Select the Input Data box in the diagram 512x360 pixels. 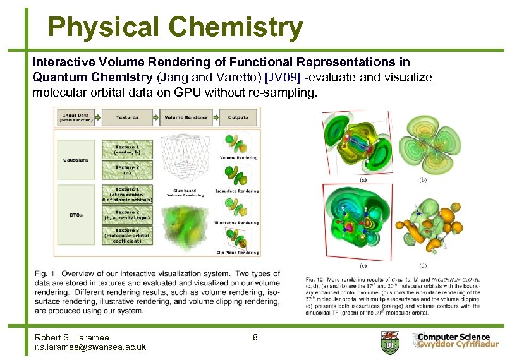click(74, 117)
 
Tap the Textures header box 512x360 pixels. click(127, 117)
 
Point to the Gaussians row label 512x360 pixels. click(75, 160)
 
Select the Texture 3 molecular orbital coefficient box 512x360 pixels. click(127, 235)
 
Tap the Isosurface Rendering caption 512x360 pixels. click(236, 190)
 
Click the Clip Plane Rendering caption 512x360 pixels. click(236, 253)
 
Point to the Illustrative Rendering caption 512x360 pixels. click(236, 222)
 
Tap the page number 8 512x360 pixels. click(255, 337)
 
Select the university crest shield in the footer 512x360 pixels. click(388, 342)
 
